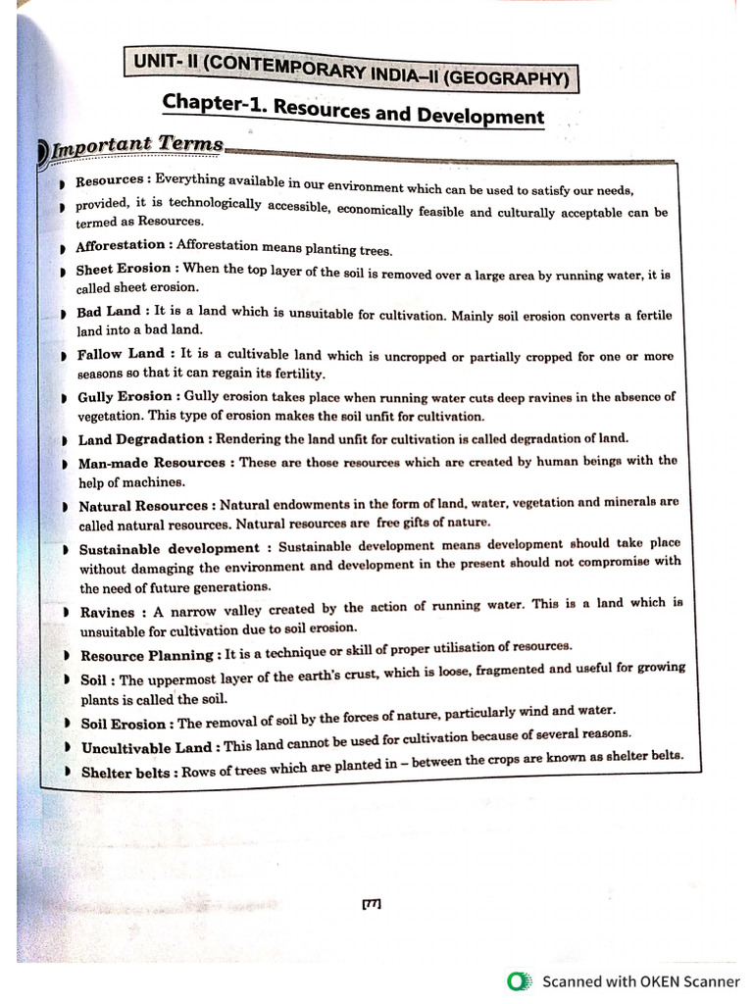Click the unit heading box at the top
click(349, 70)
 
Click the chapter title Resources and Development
click(353, 109)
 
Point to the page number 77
click(372, 904)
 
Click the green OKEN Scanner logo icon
click(517, 980)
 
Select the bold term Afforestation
click(120, 245)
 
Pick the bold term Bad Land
click(108, 312)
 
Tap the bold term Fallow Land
click(121, 354)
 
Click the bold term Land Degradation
click(141, 439)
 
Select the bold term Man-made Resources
click(152, 462)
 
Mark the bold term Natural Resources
click(143, 506)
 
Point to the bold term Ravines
click(107, 613)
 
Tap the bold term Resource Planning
click(146, 656)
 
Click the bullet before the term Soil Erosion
click(66, 725)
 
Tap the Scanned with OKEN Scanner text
click(641, 980)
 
